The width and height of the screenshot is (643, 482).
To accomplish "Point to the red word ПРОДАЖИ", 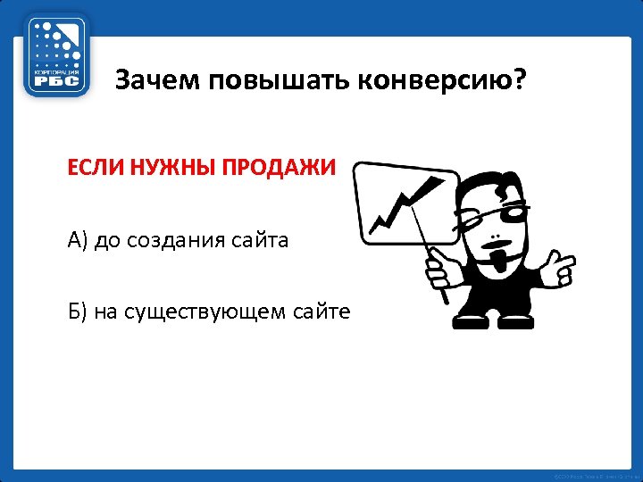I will click(x=271, y=167).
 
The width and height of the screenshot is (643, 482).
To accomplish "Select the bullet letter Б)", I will click(x=77, y=312).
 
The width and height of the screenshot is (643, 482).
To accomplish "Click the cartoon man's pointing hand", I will click(x=560, y=264).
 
